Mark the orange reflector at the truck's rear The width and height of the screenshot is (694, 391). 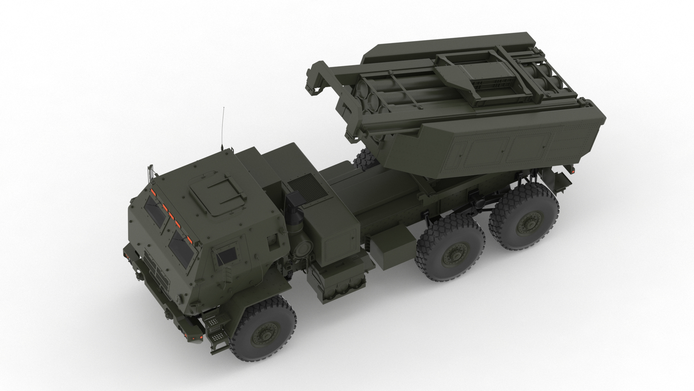572,170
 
